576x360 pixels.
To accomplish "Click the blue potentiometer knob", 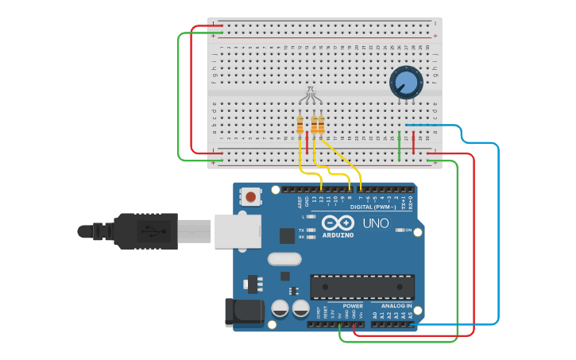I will (x=405, y=82).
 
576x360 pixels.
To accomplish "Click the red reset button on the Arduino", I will (x=251, y=196).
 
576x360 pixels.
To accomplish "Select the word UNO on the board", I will (x=376, y=224).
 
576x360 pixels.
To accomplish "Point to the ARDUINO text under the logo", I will (x=338, y=235).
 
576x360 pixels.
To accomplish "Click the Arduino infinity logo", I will (x=338, y=223).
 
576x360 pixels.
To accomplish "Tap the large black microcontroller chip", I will (x=361, y=287).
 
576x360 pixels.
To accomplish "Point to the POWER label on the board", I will (x=353, y=306).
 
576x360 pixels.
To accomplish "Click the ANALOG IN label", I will (x=396, y=306).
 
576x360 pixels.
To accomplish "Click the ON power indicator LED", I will (x=397, y=230).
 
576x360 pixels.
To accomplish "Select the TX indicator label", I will (x=302, y=230).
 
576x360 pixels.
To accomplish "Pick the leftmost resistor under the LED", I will (x=300, y=125).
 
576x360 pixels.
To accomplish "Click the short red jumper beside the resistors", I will (x=307, y=148).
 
